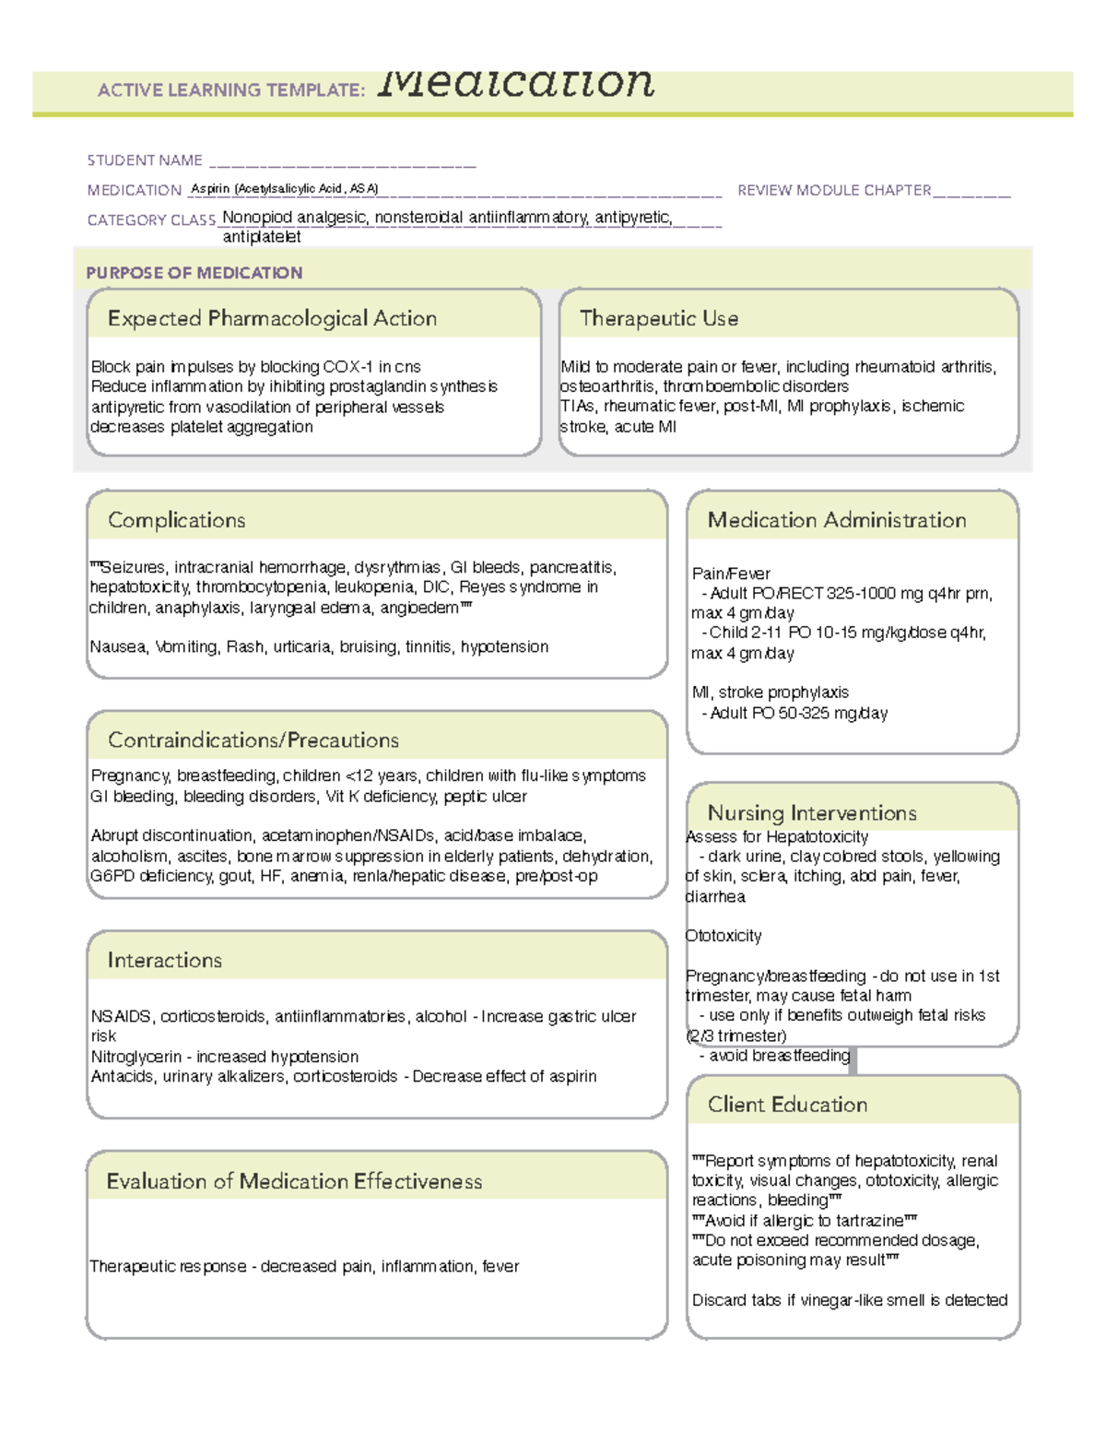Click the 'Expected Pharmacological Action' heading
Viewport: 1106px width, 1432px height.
pyautogui.click(x=272, y=319)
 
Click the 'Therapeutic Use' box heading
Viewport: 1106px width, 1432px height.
pyautogui.click(x=658, y=319)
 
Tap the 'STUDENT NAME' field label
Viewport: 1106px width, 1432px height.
pyautogui.click(x=145, y=160)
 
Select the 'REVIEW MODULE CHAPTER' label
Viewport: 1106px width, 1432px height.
pyautogui.click(x=833, y=190)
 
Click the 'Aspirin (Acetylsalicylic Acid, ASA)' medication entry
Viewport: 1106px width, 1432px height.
pyautogui.click(x=284, y=189)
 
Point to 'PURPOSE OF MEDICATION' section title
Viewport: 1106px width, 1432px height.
pyautogui.click(x=194, y=273)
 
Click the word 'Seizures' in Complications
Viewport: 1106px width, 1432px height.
pyautogui.click(x=132, y=568)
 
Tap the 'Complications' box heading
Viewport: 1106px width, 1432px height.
pyautogui.click(x=176, y=521)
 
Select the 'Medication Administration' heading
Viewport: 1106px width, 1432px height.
pyautogui.click(x=836, y=521)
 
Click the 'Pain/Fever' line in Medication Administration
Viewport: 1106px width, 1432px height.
pyautogui.click(x=731, y=574)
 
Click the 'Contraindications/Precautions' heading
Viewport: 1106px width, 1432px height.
pyautogui.click(x=253, y=740)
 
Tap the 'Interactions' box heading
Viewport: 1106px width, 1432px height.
pyautogui.click(x=164, y=961)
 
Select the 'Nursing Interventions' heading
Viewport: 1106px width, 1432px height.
pyautogui.click(x=811, y=813)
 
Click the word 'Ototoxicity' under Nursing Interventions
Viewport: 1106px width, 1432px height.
pyautogui.click(x=724, y=936)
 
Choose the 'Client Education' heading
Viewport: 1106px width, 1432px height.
pyautogui.click(x=787, y=1105)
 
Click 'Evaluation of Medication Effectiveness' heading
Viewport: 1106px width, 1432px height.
pyautogui.click(x=294, y=1182)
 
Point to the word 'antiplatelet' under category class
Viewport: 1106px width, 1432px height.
pyautogui.click(x=262, y=237)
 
